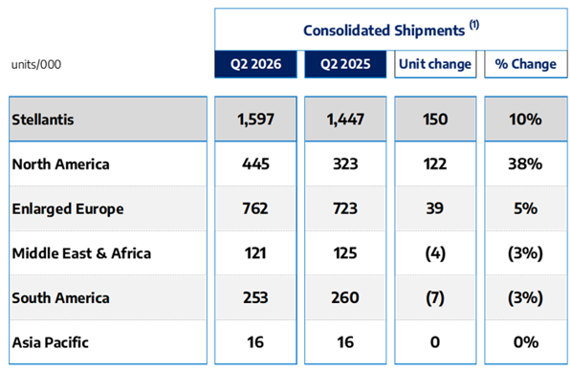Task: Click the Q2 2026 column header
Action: point(255,64)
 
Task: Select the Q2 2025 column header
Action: point(345,64)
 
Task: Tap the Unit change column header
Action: point(435,64)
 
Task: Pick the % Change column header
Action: point(526,64)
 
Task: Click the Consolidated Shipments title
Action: point(384,31)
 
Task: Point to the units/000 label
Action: point(36,65)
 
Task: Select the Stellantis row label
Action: point(43,120)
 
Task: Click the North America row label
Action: point(60,164)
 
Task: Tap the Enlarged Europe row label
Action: point(68,209)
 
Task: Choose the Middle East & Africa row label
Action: point(81,253)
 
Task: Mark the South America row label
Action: point(60,298)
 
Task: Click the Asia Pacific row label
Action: point(50,342)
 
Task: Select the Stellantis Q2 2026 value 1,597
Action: point(255,120)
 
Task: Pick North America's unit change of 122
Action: point(435,164)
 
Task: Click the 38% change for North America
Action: point(525,164)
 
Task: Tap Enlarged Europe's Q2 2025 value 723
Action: point(345,208)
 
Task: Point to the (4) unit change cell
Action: point(435,253)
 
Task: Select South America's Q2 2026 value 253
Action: point(255,298)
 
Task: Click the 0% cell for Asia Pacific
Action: point(526,342)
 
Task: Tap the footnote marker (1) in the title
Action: point(474,25)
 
